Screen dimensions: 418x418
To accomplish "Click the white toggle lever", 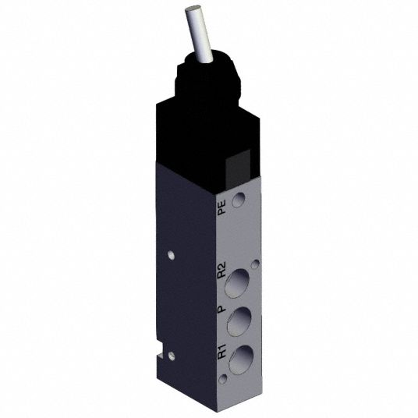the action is click(x=199, y=34).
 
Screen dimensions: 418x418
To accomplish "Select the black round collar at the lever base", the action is click(x=208, y=77).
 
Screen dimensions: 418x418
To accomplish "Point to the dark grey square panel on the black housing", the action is click(x=238, y=169).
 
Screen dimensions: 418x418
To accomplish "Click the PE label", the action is click(x=221, y=207).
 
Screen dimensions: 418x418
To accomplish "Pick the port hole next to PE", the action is click(x=239, y=200).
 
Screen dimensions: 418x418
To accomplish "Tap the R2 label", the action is click(x=221, y=270).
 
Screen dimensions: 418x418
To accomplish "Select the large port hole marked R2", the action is click(x=237, y=283).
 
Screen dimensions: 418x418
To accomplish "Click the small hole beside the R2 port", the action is click(x=255, y=264).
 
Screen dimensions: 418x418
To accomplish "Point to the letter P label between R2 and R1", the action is click(x=221, y=309).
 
